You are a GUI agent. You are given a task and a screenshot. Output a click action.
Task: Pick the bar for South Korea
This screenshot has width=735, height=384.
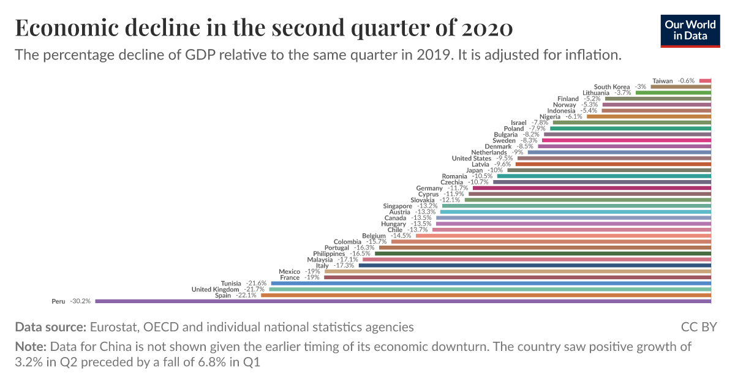point(680,87)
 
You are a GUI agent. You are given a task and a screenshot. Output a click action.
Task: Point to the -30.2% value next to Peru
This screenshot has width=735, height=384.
point(80,301)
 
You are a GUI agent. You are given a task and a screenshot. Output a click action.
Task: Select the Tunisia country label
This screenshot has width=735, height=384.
point(231,284)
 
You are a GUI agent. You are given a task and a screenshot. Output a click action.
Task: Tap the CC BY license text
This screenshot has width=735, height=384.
point(698,327)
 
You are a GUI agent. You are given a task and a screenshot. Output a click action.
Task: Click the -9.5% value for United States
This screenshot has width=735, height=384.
point(504,159)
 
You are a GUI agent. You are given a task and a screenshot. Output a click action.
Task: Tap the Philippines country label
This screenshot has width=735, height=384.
point(329,254)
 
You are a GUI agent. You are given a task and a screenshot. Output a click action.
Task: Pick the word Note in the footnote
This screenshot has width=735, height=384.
point(31,347)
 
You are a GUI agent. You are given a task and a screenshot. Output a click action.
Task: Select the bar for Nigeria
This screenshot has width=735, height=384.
point(649,116)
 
